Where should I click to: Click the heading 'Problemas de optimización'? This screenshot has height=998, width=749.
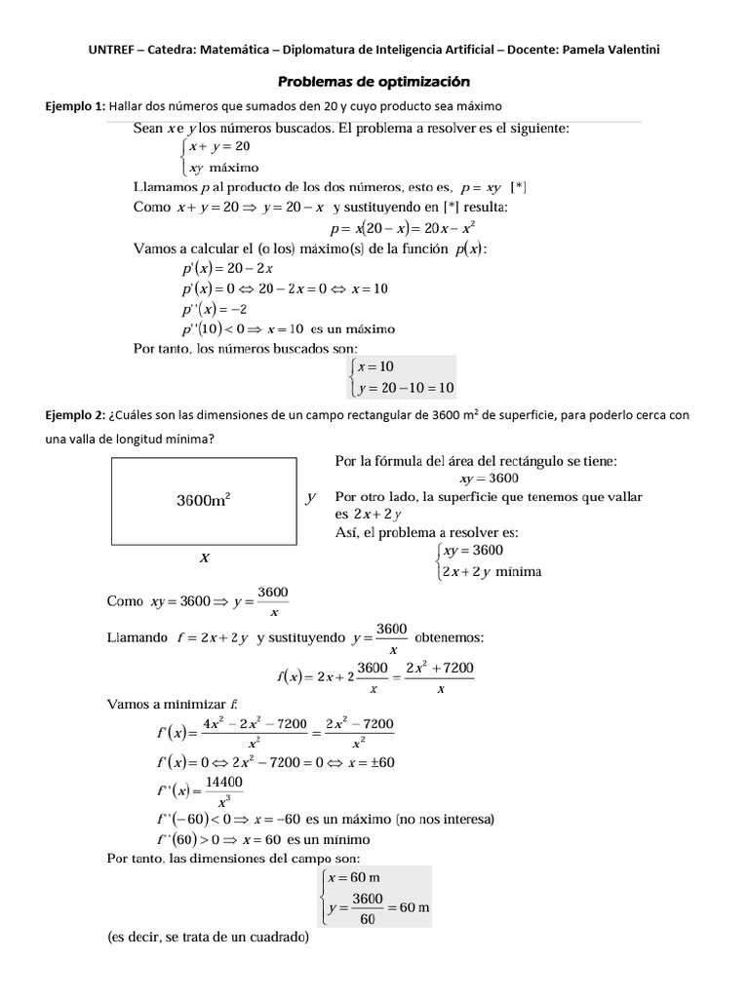click(374, 82)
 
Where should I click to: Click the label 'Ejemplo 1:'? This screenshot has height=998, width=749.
click(75, 105)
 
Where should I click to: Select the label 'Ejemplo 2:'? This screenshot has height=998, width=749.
click(75, 415)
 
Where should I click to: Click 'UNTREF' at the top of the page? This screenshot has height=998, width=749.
click(115, 50)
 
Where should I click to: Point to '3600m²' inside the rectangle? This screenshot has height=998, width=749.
click(203, 500)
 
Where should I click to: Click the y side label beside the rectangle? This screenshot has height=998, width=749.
click(310, 497)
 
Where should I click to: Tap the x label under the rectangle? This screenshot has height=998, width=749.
click(205, 558)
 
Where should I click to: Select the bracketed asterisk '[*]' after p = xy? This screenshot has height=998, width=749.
click(518, 187)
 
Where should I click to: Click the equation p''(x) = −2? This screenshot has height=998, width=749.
click(214, 309)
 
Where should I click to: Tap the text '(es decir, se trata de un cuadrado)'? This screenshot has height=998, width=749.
click(208, 939)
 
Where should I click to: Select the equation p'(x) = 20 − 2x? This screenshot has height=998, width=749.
click(226, 268)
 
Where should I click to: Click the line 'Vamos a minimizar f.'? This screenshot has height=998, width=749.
click(172, 704)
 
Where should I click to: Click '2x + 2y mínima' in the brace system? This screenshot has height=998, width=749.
click(492, 572)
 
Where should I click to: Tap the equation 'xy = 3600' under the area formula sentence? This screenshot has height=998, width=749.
click(489, 479)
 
